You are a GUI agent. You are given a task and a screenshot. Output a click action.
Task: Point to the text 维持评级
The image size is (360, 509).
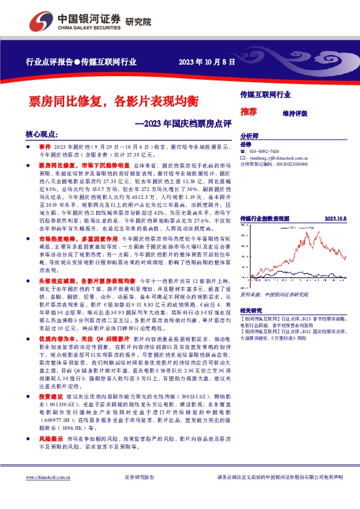pyautogui.click(x=295, y=113)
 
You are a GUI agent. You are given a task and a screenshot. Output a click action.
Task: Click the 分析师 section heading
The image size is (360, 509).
pyautogui.click(x=249, y=136)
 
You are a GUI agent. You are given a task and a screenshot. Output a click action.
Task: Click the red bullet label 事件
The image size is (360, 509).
pyautogui.click(x=45, y=146)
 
